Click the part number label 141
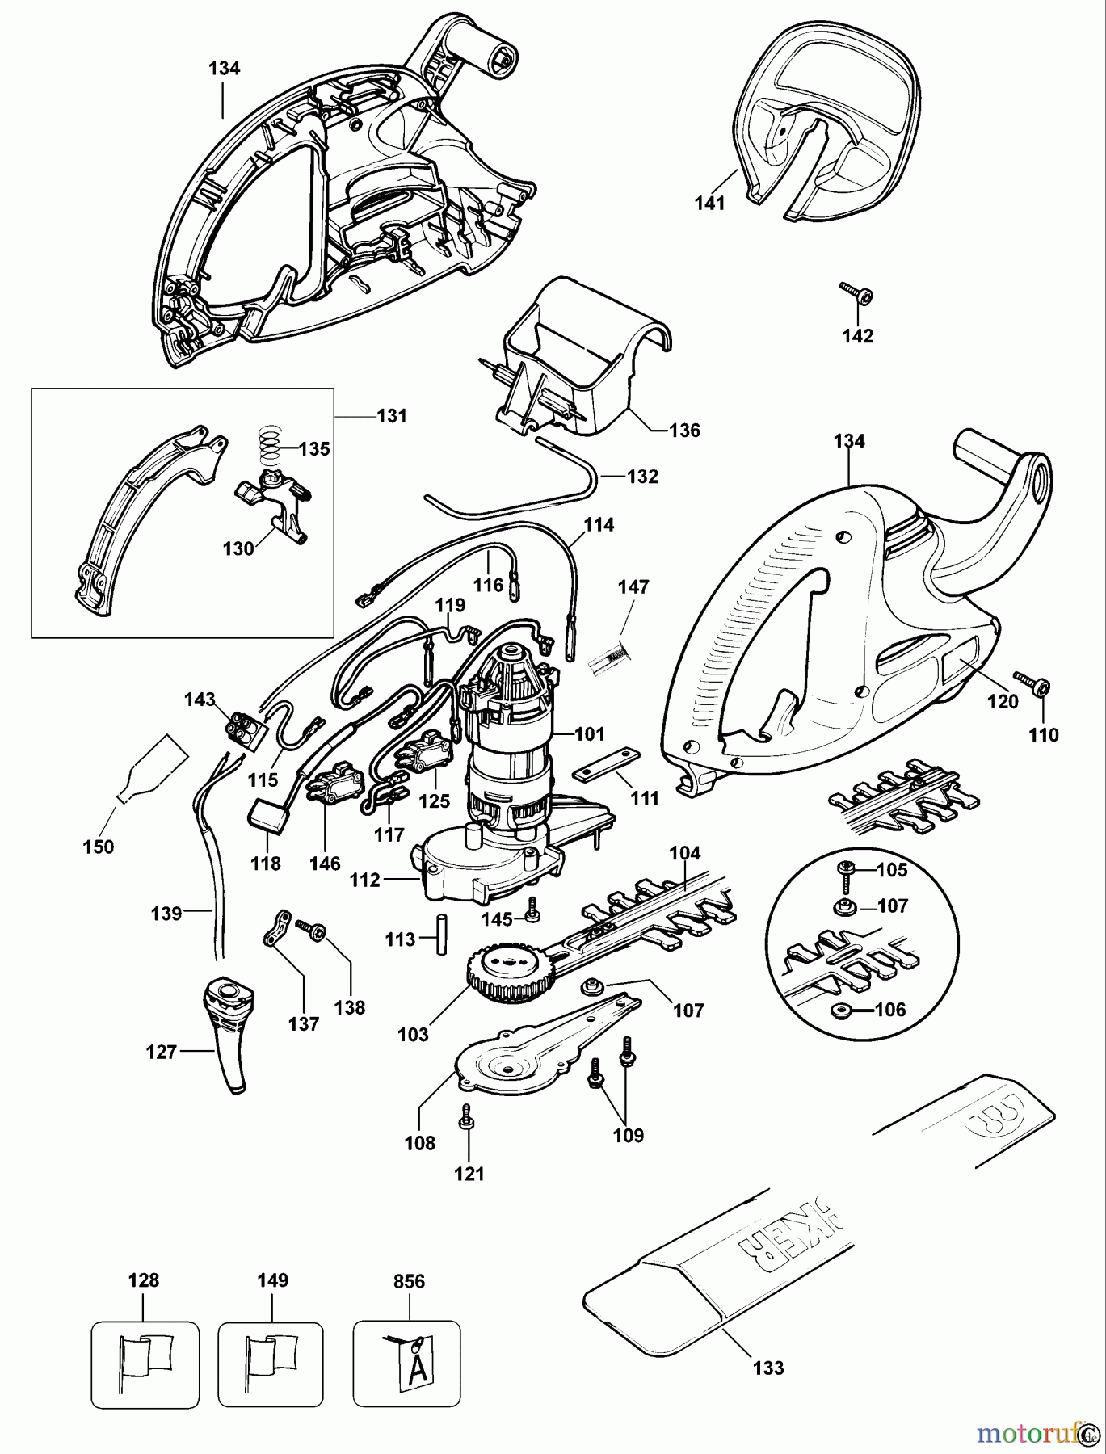tap(709, 204)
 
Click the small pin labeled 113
tap(442, 935)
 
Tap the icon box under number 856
tap(406, 1359)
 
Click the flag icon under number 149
tap(271, 1359)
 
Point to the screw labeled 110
tap(1032, 691)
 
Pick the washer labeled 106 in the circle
tap(838, 1011)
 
